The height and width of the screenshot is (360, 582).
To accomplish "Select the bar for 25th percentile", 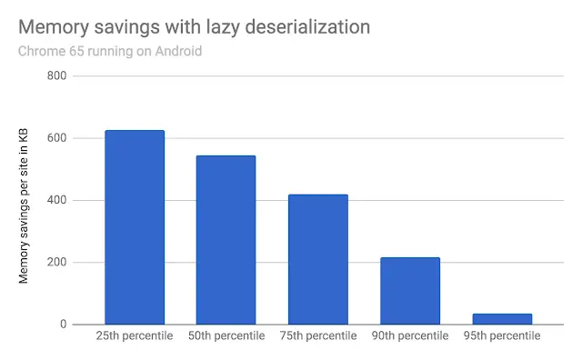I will click(x=135, y=227).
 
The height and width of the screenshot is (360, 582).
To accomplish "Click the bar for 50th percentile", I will click(x=226, y=240).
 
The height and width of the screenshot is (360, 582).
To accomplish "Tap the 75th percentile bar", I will click(x=318, y=259).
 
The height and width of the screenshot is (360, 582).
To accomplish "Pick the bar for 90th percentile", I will click(x=410, y=291).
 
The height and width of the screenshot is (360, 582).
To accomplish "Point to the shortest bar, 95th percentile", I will click(x=502, y=319).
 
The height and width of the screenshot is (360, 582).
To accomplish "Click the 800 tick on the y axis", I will click(x=56, y=75).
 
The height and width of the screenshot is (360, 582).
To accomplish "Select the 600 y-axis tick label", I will click(x=56, y=138).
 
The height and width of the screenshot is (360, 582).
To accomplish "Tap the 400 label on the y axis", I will click(x=56, y=200).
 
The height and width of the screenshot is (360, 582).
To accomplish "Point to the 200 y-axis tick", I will click(x=56, y=263).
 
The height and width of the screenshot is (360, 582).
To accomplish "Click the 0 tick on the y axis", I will click(x=63, y=325).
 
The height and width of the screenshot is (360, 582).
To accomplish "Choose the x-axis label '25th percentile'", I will click(x=135, y=336).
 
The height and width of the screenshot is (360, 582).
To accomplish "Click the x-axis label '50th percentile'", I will click(x=226, y=336).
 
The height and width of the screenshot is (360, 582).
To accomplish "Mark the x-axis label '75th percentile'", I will click(x=318, y=336).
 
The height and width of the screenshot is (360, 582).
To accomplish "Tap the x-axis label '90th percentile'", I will click(x=410, y=336).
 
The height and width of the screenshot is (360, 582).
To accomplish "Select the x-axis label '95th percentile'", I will click(x=502, y=336).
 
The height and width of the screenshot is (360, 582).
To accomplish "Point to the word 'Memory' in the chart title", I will click(x=55, y=27).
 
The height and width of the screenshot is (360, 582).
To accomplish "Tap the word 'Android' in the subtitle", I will click(x=177, y=51).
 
